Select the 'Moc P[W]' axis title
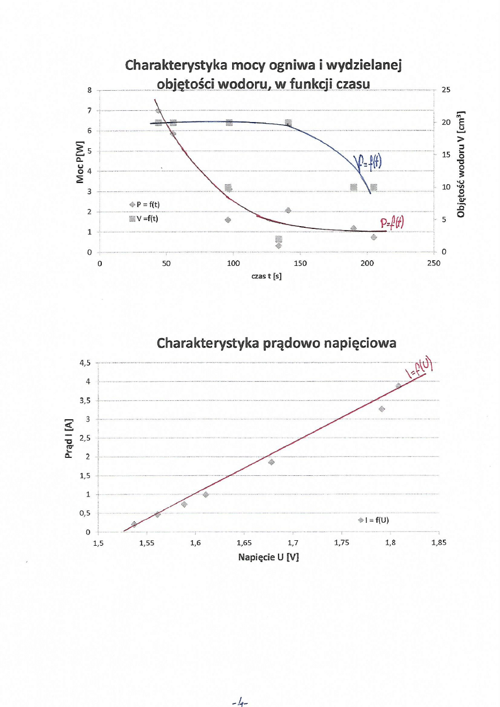81,162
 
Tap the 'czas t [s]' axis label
266,275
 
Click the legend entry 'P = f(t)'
144,204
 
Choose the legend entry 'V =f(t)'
144,218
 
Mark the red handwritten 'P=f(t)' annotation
391,224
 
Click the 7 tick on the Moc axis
89,111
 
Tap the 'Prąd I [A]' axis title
69,439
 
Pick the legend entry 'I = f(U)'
375,519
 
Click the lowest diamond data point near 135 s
279,246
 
